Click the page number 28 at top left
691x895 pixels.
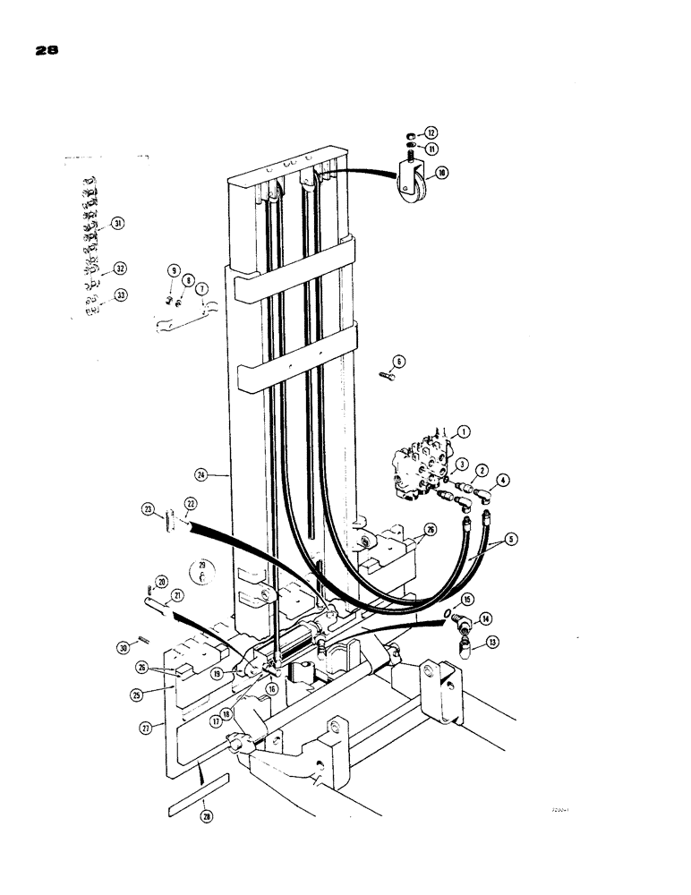tap(46, 51)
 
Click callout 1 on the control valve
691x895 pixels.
tap(464, 431)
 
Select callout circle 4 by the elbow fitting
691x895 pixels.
tap(503, 481)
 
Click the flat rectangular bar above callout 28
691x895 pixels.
tap(198, 783)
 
